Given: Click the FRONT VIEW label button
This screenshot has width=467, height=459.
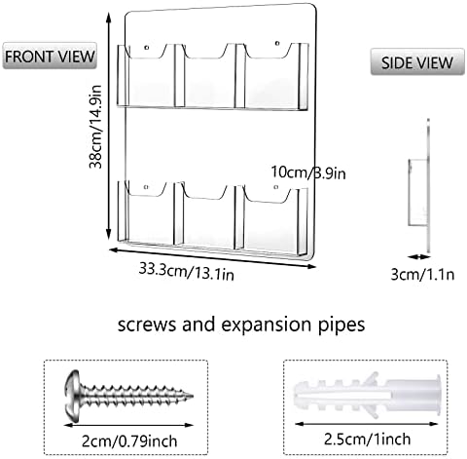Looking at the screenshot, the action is tap(50, 56).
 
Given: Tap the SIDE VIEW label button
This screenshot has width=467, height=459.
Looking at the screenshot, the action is tap(417, 61).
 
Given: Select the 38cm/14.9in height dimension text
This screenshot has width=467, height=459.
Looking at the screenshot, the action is tap(96, 127).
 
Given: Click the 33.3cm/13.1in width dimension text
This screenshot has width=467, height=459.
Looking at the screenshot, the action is tap(187, 271).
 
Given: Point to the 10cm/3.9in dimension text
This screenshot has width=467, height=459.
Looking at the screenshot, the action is tap(308, 172).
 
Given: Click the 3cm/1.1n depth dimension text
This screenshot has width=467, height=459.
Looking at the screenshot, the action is tap(422, 275).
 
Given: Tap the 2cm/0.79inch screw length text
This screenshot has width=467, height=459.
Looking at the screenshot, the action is tap(129, 441).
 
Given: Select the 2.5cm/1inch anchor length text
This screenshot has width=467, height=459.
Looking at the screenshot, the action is tap(367, 440).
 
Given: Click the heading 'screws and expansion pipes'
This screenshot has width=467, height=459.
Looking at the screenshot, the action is tap(241, 325).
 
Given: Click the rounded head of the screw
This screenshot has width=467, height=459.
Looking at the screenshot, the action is tap(72, 396).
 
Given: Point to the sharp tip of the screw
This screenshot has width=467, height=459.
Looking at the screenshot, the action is tap(193, 396).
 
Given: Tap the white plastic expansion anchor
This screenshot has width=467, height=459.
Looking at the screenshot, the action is tap(367, 396).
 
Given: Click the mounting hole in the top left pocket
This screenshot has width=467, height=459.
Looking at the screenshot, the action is tap(147, 48).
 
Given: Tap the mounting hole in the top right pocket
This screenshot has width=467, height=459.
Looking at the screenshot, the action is tap(277, 43).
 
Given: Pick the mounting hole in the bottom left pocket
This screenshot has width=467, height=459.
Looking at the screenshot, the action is tap(146, 187).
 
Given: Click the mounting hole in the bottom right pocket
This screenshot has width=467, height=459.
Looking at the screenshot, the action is tap(276, 187).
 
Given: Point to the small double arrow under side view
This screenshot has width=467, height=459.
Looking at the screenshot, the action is tap(418, 256).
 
